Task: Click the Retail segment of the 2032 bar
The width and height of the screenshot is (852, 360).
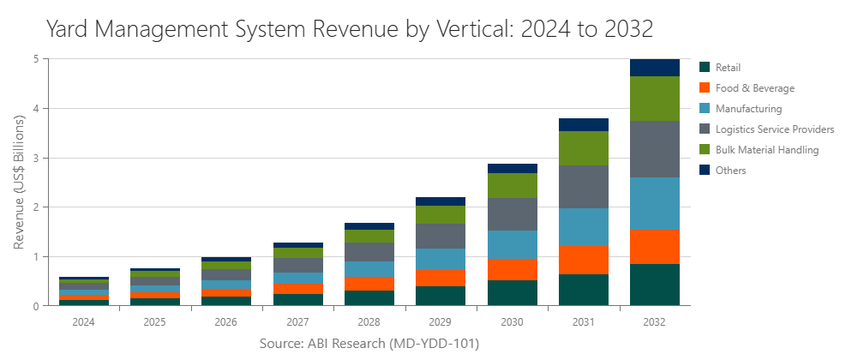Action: pyautogui.click(x=654, y=285)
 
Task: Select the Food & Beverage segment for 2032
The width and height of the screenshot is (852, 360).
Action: pyautogui.click(x=654, y=246)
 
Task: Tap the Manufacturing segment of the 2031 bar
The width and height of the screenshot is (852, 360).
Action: pyautogui.click(x=583, y=227)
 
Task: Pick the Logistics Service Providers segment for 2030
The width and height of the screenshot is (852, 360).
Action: pyautogui.click(x=512, y=214)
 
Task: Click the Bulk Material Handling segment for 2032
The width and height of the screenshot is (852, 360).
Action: pyautogui.click(x=654, y=99)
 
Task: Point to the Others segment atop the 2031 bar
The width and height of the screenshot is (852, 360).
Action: pyautogui.click(x=583, y=124)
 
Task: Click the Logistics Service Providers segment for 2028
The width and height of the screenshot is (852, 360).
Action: pyautogui.click(x=369, y=252)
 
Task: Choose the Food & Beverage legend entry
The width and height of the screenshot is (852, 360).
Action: pyautogui.click(x=754, y=88)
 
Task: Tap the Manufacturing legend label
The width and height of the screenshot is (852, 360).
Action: pyautogui.click(x=748, y=109)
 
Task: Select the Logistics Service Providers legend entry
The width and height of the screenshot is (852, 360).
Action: pyautogui.click(x=774, y=129)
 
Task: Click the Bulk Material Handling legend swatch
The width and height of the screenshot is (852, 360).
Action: pyautogui.click(x=705, y=150)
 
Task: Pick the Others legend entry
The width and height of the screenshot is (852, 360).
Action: pyautogui.click(x=729, y=171)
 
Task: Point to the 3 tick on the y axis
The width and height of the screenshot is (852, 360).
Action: pyautogui.click(x=35, y=159)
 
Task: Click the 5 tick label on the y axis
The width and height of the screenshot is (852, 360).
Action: pyautogui.click(x=35, y=59)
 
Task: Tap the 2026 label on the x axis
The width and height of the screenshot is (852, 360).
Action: pyautogui.click(x=226, y=322)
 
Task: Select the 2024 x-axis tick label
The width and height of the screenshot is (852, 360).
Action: pyautogui.click(x=84, y=322)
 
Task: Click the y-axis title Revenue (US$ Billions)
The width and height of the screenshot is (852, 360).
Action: pyautogui.click(x=18, y=183)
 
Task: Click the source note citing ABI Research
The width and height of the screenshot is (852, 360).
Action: pyautogui.click(x=369, y=344)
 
